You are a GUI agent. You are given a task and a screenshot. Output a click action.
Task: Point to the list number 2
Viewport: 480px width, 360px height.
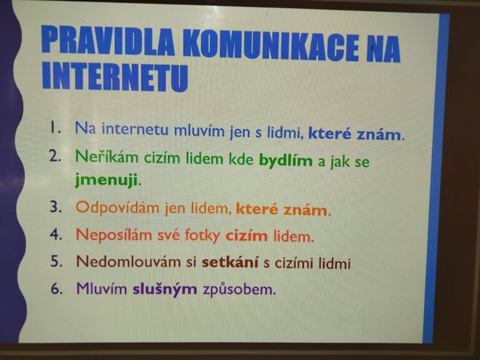click(55, 156)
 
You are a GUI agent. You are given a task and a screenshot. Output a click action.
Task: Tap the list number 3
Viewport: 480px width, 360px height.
click(56, 207)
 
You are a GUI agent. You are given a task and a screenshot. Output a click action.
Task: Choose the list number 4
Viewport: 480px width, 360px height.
click(56, 234)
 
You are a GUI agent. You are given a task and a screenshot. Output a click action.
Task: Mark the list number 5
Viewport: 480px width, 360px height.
click(57, 261)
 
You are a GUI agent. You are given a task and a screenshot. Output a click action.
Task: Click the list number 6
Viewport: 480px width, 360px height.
click(57, 288)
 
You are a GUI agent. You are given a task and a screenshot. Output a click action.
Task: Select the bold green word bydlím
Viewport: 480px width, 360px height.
click(286, 161)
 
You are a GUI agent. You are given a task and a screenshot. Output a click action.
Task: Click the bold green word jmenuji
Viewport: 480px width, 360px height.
click(106, 180)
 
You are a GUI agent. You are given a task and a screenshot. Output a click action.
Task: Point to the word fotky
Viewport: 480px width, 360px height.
click(202, 236)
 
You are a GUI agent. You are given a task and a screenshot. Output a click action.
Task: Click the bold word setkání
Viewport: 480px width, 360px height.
click(230, 262)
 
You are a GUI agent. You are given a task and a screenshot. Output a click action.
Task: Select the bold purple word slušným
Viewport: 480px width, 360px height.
click(165, 289)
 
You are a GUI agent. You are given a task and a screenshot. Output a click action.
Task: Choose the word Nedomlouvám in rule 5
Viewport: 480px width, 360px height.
click(129, 262)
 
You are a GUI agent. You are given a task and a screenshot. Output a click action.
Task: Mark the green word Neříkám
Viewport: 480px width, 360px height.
click(107, 157)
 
